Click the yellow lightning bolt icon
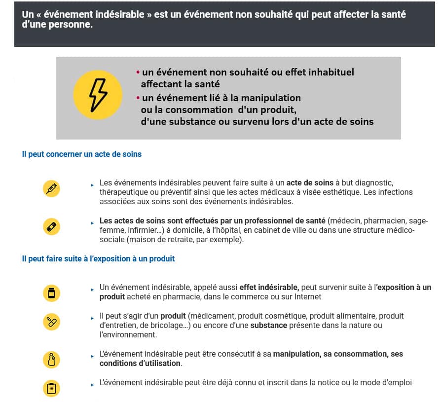pyautogui.click(x=97, y=95)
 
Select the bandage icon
pyautogui.click(x=51, y=226)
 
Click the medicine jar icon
pyautogui.click(x=51, y=293)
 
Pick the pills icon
pyautogui.click(x=51, y=322)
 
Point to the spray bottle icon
pyautogui.click(x=51, y=360)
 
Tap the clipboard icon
pyautogui.click(x=51, y=388)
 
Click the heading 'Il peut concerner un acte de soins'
pyautogui.click(x=81, y=154)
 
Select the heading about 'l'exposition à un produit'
pyautogui.click(x=98, y=258)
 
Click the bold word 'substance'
pyautogui.click(x=269, y=326)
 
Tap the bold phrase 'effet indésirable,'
pyautogui.click(x=269, y=287)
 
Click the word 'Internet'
pyautogui.click(x=307, y=296)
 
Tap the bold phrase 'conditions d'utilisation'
pyautogui.click(x=140, y=364)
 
